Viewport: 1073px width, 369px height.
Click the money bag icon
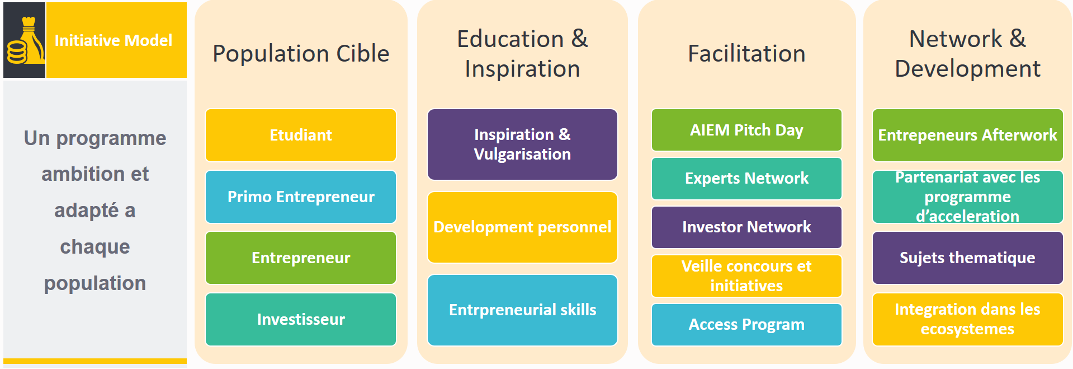(25, 40)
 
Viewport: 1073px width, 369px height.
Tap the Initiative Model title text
(114, 40)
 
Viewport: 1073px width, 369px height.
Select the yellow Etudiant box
(301, 135)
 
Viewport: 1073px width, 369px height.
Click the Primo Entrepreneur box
(301, 197)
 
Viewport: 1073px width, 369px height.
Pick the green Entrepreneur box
(301, 258)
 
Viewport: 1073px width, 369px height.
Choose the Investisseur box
(301, 319)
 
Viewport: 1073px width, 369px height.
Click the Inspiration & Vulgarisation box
(522, 144)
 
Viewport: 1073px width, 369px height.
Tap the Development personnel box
(522, 227)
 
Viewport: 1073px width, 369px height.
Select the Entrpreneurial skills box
(522, 310)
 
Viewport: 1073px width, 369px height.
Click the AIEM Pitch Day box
(746, 130)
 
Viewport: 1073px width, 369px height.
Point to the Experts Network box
(746, 179)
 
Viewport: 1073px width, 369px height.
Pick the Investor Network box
(746, 227)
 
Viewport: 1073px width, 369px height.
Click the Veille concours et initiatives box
(746, 276)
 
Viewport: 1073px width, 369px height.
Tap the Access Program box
(746, 325)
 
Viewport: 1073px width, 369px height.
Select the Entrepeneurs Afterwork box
(968, 135)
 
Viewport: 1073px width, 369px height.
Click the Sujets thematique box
(968, 258)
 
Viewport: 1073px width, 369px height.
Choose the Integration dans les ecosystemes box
(968, 319)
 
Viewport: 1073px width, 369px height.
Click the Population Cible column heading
(301, 54)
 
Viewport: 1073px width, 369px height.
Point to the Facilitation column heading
(746, 54)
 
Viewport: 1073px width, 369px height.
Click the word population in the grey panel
(95, 283)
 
